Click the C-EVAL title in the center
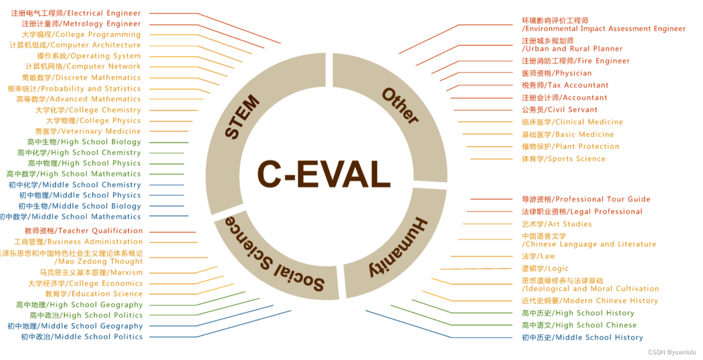(324, 175)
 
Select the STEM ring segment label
(242, 117)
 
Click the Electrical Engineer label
(76, 13)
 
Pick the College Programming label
(81, 34)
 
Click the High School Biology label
(84, 142)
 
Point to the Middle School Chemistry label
(74, 184)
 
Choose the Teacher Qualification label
(83, 231)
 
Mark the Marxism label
(91, 272)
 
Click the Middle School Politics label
(81, 337)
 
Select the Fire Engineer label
(576, 61)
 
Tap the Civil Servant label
(560, 110)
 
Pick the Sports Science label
(564, 159)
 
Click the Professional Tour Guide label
(586, 199)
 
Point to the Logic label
(545, 268)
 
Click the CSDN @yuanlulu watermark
(672, 352)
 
